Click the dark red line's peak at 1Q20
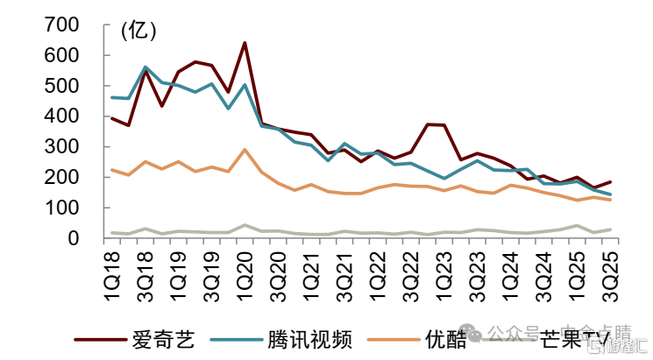[245, 42]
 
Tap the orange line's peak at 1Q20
[245, 150]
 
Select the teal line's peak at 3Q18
[146, 67]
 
